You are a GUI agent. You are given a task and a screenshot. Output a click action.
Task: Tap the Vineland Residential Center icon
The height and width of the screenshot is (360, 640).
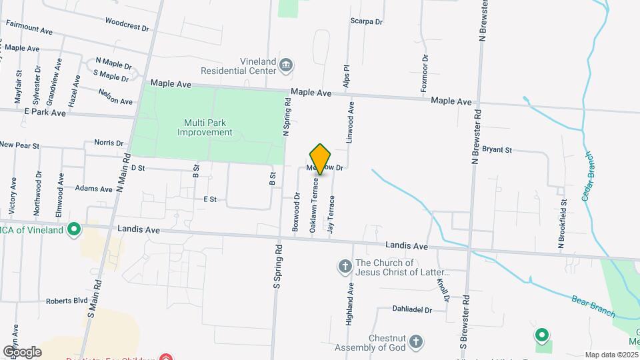(287, 65)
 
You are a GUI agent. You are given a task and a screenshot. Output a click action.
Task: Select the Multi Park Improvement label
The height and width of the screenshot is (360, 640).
(205, 127)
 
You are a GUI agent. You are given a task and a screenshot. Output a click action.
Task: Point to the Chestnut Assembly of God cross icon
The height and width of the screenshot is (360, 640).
(416, 343)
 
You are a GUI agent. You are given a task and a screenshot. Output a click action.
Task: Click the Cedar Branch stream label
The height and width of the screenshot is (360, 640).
(589, 176)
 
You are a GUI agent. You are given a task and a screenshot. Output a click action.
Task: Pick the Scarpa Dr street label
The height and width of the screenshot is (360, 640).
(367, 21)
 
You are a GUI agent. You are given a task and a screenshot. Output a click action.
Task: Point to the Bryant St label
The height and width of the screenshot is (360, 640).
(497, 150)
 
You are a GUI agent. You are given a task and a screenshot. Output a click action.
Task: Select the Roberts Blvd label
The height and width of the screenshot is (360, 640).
(67, 301)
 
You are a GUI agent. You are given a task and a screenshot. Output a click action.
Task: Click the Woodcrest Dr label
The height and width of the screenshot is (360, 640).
(127, 27)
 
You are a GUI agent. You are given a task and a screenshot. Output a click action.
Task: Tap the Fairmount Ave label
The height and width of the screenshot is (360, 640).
(29, 31)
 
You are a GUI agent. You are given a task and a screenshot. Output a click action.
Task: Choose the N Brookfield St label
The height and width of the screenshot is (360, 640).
(563, 224)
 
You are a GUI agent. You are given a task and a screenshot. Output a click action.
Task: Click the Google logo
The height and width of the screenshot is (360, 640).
(22, 351)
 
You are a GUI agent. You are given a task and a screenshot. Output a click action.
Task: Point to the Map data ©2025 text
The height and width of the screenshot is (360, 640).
(611, 355)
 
